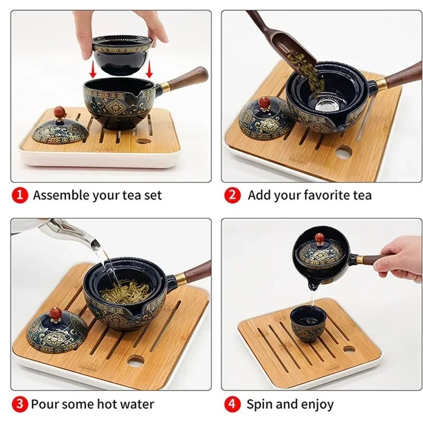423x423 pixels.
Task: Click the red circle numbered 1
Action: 20,195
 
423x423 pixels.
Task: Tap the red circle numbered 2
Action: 232,195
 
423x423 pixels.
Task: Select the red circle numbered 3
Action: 20,404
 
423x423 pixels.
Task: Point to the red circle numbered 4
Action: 232,404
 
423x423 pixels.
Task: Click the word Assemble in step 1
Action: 61,195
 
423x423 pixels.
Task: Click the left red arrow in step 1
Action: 94,69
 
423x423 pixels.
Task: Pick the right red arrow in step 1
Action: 149,69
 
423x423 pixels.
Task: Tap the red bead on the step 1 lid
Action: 60,112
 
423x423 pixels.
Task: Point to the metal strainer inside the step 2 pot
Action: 326,105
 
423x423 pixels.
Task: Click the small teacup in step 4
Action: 308,326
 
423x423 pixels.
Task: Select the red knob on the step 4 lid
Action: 320,238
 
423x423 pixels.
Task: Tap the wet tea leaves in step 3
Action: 125,291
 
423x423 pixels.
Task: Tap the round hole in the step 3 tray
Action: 135,362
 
